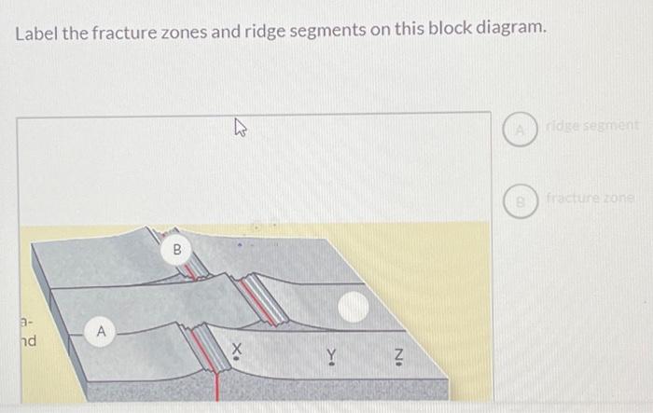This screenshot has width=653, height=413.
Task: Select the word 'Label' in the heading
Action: coord(34,29)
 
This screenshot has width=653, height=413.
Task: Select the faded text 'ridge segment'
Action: coord(593,125)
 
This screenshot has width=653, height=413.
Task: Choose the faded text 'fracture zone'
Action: coord(591,198)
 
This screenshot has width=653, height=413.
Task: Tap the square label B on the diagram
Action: coord(177,249)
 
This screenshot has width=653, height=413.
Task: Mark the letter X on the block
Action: coord(236,349)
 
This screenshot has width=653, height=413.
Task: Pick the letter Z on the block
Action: coord(397,354)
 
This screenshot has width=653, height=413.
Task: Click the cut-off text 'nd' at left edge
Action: coord(28,341)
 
